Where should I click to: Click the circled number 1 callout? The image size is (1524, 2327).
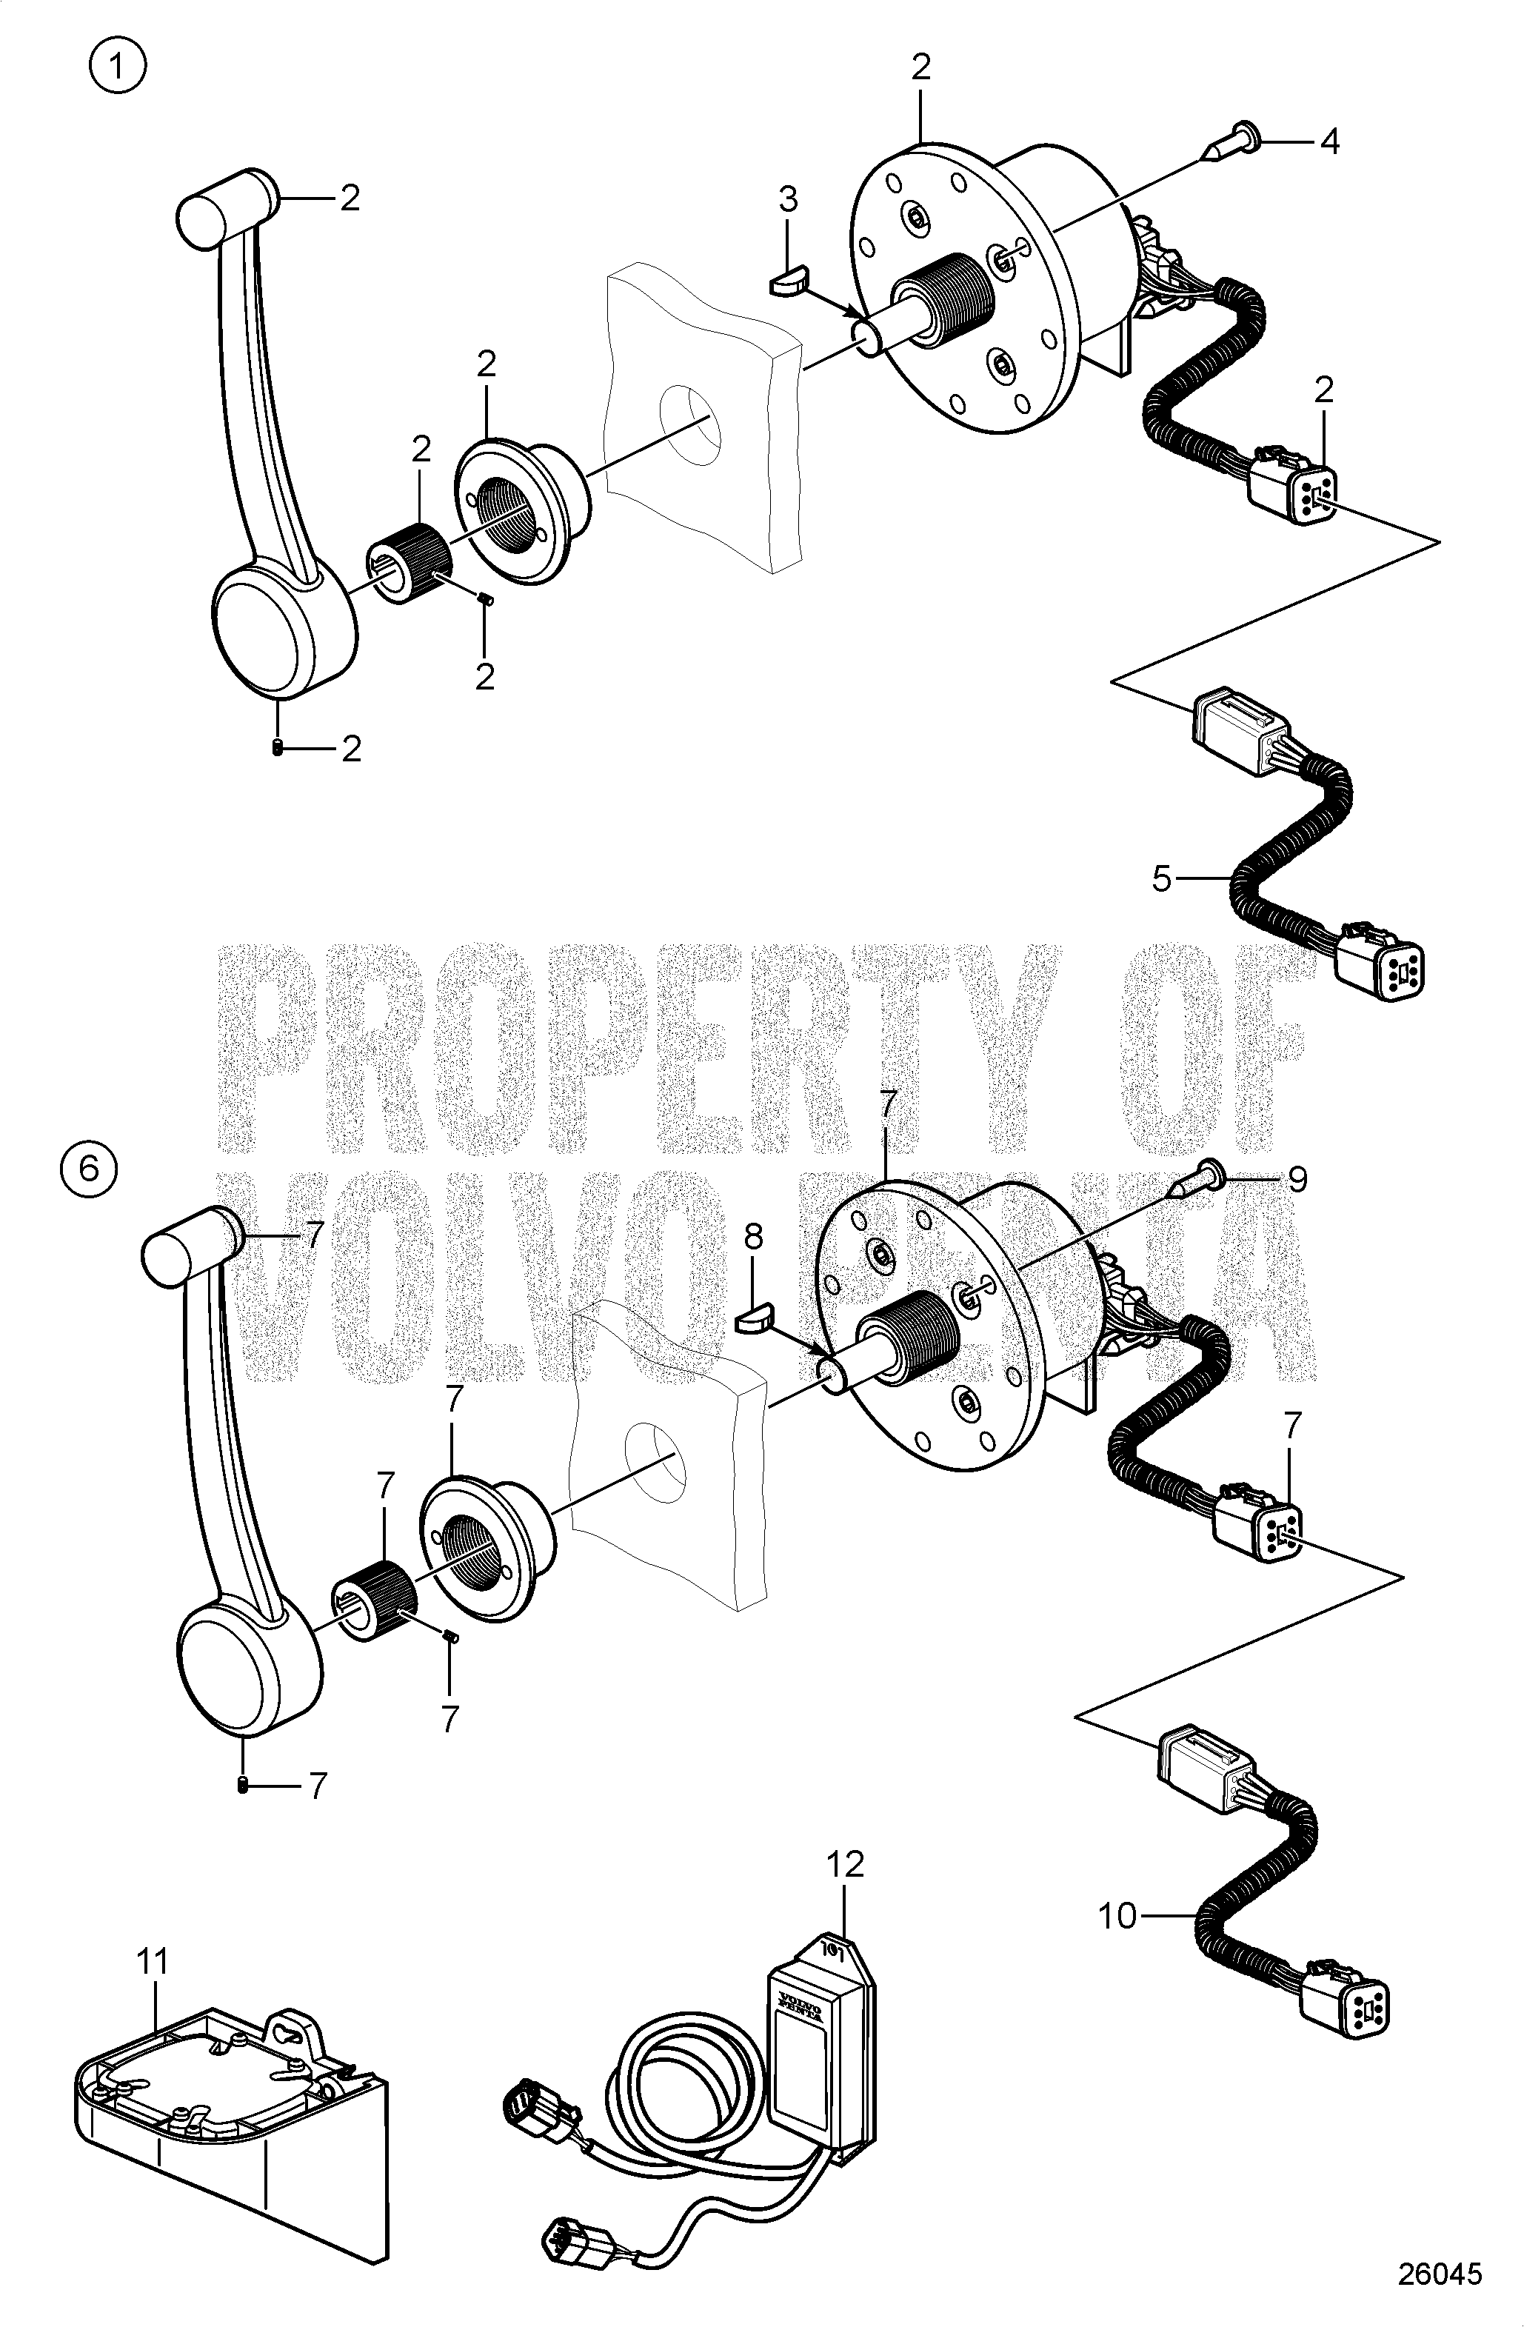[x=116, y=67]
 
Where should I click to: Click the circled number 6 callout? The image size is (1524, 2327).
[x=88, y=1169]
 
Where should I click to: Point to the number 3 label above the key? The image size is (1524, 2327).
[x=788, y=199]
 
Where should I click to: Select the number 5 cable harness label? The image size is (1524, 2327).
[x=1160, y=879]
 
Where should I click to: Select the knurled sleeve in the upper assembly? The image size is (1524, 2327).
[x=409, y=565]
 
